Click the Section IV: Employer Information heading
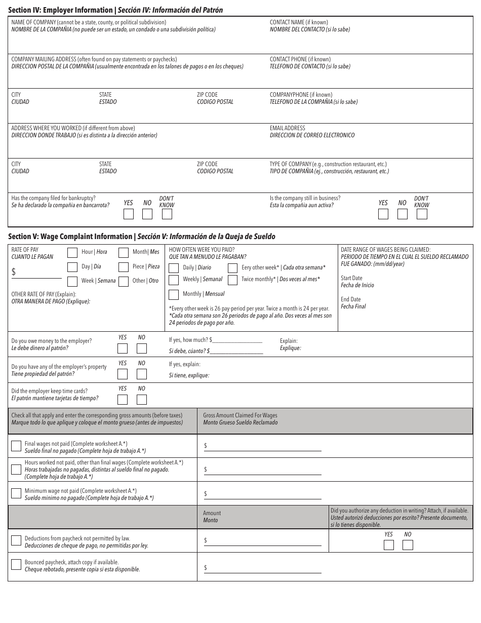point(115,10)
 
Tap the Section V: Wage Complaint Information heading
point(142,237)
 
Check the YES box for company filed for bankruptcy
point(129,214)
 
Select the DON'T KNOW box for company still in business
point(421,214)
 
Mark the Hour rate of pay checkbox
point(72,252)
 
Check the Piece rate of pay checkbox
point(124,267)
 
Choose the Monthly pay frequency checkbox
point(174,294)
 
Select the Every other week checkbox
point(232,268)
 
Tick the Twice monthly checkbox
point(232,280)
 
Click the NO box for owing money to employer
point(142,348)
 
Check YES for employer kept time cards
point(123,400)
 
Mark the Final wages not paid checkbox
point(16,446)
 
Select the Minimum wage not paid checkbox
point(16,493)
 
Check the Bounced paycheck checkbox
point(16,565)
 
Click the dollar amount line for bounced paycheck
point(263,568)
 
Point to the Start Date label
point(351,278)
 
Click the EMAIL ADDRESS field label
point(287,128)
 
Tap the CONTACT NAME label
point(298,22)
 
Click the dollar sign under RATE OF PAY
point(14,272)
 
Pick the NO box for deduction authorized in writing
point(408,545)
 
